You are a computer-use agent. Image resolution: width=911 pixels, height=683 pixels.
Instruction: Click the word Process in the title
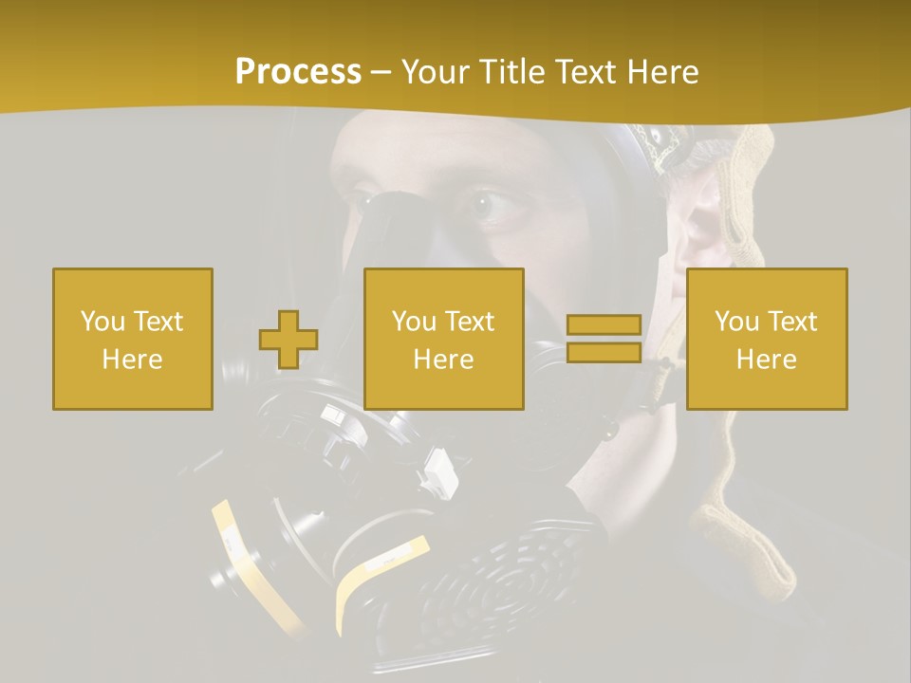coord(298,72)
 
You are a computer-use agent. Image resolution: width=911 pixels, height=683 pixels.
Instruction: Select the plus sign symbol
coord(288,339)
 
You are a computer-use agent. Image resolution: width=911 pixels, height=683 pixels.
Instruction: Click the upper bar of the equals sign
coord(604,325)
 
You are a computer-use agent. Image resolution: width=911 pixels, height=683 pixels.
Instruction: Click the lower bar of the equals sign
coord(604,352)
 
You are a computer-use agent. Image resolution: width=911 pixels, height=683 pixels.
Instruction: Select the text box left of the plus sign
coord(133,339)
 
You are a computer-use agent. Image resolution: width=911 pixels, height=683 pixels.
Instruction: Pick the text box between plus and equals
coord(444,339)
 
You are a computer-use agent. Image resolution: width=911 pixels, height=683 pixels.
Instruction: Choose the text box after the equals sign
coord(767,339)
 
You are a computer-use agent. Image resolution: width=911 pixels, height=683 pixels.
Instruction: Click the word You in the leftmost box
coord(102,322)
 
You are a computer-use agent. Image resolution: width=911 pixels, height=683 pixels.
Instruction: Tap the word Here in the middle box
coord(444,360)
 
